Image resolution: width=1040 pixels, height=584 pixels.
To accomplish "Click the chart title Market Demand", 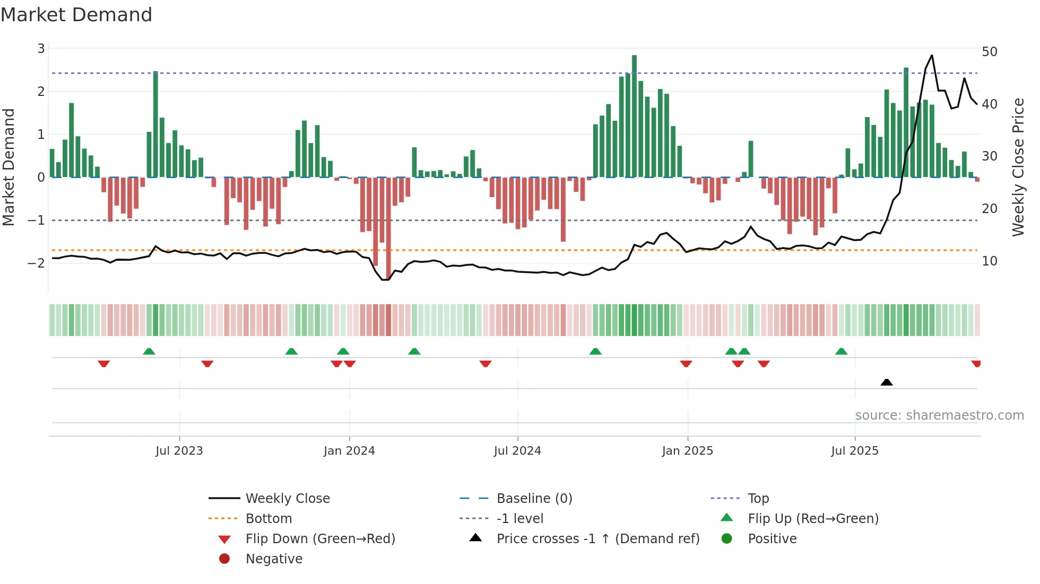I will [76, 15].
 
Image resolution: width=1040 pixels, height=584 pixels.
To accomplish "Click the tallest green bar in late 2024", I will [634, 117].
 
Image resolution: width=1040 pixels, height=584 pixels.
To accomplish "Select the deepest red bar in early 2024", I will [388, 228].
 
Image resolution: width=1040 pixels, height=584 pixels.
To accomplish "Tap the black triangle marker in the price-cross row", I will [886, 382].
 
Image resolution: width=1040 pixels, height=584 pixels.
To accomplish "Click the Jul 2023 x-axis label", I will [179, 451].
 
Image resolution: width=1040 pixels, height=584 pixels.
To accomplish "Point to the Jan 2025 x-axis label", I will [687, 451].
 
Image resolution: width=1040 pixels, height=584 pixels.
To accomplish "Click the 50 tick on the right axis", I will [989, 52].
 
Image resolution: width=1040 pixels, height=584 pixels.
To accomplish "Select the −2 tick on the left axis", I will [37, 263].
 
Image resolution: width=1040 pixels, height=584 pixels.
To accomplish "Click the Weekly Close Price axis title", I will [1018, 167].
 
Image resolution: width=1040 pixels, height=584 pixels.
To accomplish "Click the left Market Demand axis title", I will [9, 167].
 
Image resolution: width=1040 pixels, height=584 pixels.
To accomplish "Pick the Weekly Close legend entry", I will [287, 499].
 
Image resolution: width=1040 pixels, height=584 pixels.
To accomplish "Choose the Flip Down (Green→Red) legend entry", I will [320, 539].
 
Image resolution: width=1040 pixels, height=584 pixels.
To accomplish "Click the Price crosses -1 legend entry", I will [597, 539].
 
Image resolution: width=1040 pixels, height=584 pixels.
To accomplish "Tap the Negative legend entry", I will [274, 559].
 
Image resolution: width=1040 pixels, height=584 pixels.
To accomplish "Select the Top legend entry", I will [758, 499].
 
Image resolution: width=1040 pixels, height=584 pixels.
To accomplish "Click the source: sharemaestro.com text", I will [939, 415].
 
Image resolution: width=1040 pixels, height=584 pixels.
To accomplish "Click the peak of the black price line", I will [932, 56].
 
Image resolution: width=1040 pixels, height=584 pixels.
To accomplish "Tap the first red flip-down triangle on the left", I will [103, 364].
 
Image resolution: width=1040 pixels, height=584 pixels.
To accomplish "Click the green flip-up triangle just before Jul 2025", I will [841, 351].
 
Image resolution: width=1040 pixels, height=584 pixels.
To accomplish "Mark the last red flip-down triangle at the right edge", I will [976, 364].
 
